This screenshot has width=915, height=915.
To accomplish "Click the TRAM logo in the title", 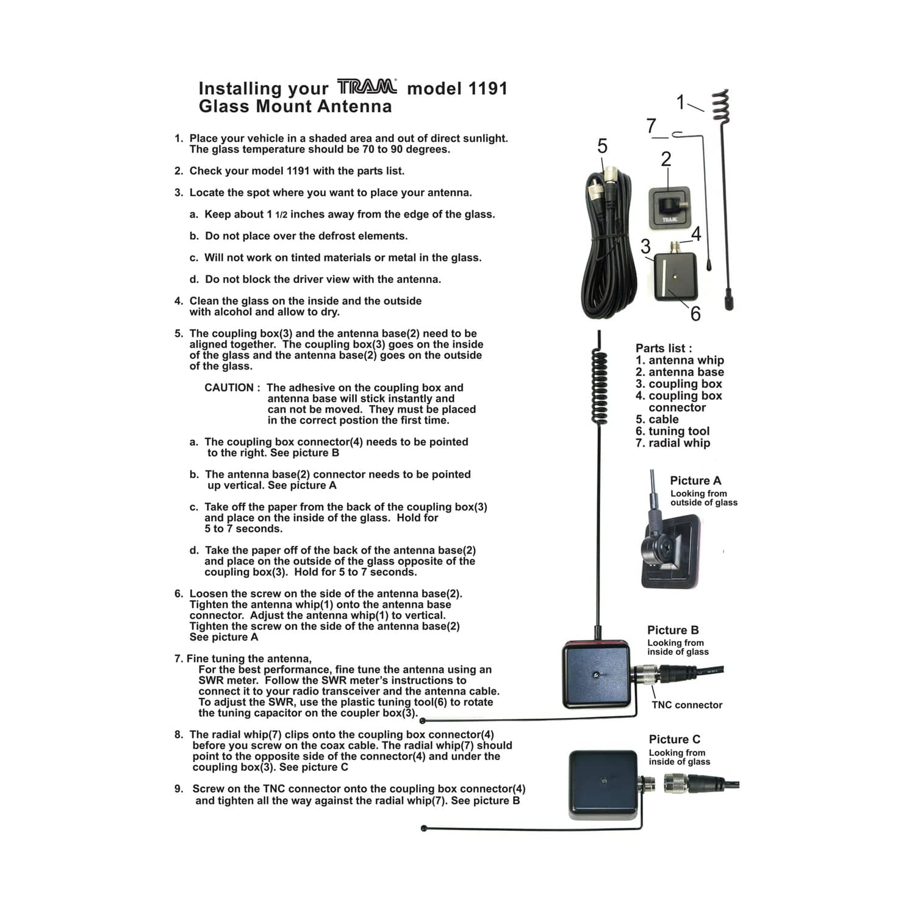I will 367,87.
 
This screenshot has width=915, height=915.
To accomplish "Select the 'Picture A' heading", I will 695,481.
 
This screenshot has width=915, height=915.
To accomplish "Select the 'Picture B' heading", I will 673,630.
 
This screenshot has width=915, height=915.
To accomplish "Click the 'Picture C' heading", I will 674,739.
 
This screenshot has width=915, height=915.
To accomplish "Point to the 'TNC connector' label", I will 687,705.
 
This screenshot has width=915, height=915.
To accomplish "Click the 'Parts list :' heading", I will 664,348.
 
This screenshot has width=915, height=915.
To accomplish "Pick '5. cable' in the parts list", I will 657,420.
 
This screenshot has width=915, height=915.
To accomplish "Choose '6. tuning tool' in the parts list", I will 672,431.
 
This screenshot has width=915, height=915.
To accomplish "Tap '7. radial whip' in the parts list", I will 672,443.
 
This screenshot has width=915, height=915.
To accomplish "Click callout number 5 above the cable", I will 602,146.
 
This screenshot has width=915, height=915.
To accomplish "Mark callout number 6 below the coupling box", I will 695,314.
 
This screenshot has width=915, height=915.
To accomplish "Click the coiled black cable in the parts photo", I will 606,256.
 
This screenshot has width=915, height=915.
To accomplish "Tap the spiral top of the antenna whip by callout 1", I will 721,105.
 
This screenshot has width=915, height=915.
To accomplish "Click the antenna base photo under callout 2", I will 669,207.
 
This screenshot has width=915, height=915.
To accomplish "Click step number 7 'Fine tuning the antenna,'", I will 243,659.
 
